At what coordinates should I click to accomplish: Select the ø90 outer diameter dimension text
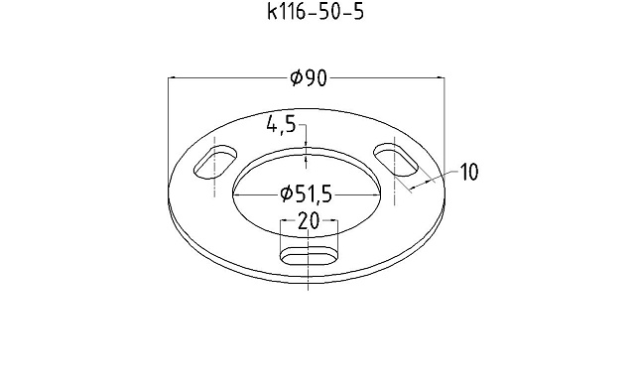click(309, 78)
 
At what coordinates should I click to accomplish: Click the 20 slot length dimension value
click(309, 222)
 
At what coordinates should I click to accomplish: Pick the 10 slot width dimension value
click(468, 173)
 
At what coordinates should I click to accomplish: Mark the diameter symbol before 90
click(296, 78)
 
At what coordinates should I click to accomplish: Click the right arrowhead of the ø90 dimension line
click(443, 78)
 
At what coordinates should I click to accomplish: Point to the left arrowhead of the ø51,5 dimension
click(238, 193)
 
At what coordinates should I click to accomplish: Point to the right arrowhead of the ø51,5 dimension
click(380, 193)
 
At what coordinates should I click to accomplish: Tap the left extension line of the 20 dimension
click(282, 238)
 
